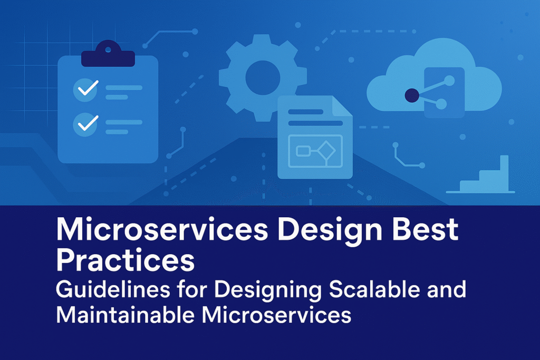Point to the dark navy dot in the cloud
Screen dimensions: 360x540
pos(411,95)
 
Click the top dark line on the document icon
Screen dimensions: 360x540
pos(305,112)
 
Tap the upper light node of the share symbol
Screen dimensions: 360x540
pos(449,81)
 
